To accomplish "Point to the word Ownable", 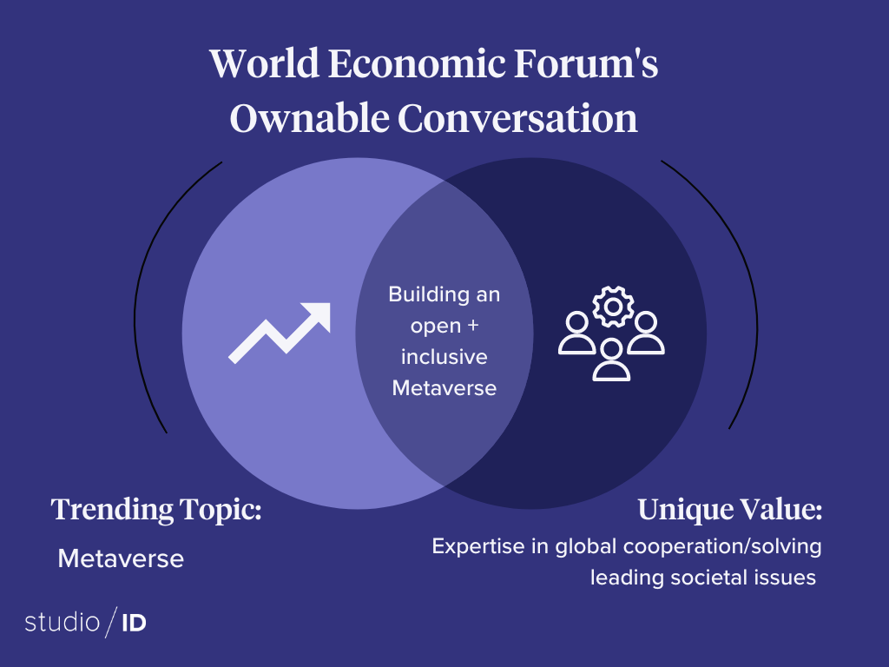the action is (310, 118).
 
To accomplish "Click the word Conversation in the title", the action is (517, 118).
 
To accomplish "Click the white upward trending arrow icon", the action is (280, 333).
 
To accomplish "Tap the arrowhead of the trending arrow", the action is (318, 315).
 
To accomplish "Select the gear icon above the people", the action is (613, 307).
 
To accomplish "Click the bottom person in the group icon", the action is (611, 360).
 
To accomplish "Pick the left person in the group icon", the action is (577, 333).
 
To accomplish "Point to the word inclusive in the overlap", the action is (444, 357).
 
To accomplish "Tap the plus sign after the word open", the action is (473, 326).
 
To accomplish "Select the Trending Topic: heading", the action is (156, 509).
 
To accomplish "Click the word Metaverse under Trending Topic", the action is (121, 558).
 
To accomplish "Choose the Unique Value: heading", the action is (729, 509).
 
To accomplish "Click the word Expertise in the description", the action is (478, 547).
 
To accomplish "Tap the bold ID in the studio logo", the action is (135, 624).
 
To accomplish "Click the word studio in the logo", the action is (63, 622).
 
